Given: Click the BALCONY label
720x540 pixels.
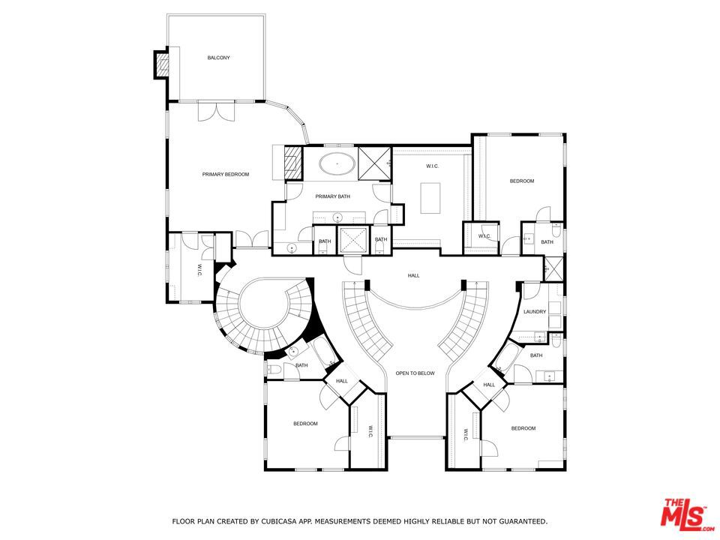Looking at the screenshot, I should (218, 58).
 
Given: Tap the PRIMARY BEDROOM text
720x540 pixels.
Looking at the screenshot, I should (225, 174).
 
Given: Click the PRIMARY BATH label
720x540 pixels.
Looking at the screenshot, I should (332, 196).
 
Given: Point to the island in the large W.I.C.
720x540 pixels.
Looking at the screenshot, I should (431, 199).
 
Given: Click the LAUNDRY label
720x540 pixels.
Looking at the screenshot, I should (535, 311).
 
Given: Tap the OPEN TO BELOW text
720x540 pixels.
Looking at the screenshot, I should (415, 373).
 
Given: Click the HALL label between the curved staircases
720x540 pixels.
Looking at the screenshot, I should (413, 275).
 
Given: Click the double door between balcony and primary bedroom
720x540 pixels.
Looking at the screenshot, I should (216, 111).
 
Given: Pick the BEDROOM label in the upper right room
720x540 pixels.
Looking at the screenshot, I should (522, 181).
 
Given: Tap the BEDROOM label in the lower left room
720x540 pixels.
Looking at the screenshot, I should (305, 424).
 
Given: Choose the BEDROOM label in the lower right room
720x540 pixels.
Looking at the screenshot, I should (523, 428).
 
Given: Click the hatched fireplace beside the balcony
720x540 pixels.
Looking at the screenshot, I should (162, 64).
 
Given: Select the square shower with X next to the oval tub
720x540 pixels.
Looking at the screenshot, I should (373, 161).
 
